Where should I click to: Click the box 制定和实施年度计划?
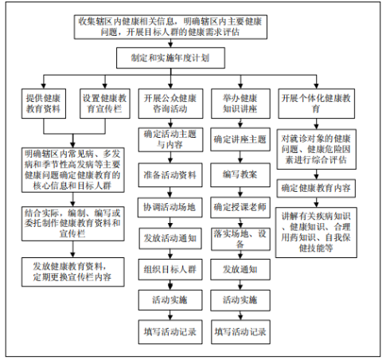(x=170, y=58)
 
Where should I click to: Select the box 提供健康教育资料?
(x=44, y=104)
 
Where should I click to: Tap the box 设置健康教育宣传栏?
(x=105, y=104)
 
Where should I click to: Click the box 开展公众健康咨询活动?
(x=170, y=104)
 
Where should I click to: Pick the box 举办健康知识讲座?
(x=240, y=104)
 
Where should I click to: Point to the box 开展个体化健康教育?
(x=316, y=104)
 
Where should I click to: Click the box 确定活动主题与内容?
(x=170, y=139)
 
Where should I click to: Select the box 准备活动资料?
(x=170, y=175)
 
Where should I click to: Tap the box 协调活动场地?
(x=170, y=207)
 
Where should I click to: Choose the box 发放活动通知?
(x=170, y=238)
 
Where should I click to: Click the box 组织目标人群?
(x=170, y=269)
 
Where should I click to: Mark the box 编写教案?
(x=240, y=175)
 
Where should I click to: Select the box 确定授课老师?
(x=240, y=207)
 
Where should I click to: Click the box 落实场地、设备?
(x=240, y=239)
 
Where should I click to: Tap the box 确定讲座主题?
(x=240, y=139)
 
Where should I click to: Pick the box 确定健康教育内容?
(x=316, y=189)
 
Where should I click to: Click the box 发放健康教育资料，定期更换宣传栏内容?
(x=73, y=272)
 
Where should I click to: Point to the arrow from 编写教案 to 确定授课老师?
(x=240, y=192)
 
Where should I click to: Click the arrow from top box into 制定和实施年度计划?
(x=170, y=43)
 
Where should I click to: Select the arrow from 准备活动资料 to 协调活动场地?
(x=170, y=192)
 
